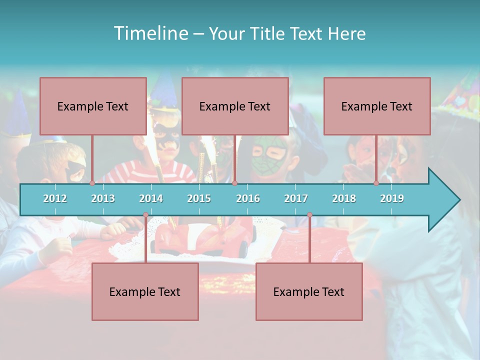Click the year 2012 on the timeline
point(55,198)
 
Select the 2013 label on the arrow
point(103,198)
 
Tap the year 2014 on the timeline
point(151,198)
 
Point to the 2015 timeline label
point(199,198)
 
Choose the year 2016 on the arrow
point(248,198)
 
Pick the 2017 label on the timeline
point(296,198)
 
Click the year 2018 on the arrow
point(344,198)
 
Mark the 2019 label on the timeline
point(392,198)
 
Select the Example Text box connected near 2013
point(93,106)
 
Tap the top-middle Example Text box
point(235,106)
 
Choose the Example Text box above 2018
point(377,106)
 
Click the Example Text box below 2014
point(145,291)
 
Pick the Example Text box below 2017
point(309,291)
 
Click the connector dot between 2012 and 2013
point(92,183)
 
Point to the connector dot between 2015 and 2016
point(234,183)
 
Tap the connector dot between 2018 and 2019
point(376,183)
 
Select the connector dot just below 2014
point(145,215)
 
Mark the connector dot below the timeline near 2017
point(309,215)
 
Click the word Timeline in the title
point(150,33)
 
